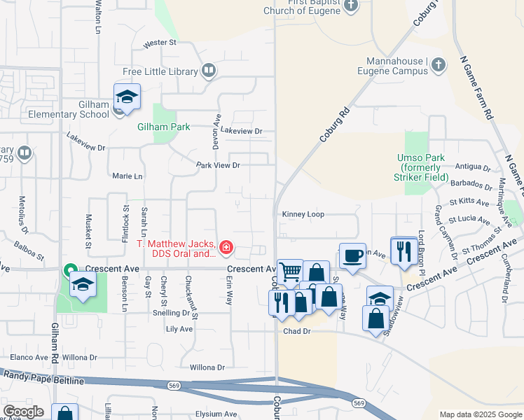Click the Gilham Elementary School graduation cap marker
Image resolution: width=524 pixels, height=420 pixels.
coord(127,97)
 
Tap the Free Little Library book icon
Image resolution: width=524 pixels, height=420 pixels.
coord(209,71)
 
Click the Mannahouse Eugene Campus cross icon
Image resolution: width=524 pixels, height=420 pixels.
coord(438,65)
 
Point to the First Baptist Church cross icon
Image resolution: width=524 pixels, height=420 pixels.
coord(352,6)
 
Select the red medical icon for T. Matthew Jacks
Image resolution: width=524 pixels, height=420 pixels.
coord(226,247)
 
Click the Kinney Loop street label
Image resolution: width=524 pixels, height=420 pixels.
coord(303,214)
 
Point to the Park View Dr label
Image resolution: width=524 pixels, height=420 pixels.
coord(218,165)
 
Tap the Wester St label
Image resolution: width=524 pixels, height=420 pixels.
coord(160,43)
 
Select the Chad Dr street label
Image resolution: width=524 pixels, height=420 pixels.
coord(296,332)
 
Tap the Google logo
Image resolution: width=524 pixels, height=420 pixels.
coord(23,412)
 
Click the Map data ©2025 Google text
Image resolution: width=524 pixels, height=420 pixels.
coord(480,414)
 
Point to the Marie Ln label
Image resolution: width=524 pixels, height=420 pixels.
coord(127,176)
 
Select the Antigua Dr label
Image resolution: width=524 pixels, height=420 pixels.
coord(473,168)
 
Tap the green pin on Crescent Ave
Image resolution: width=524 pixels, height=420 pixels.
coord(70,269)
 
